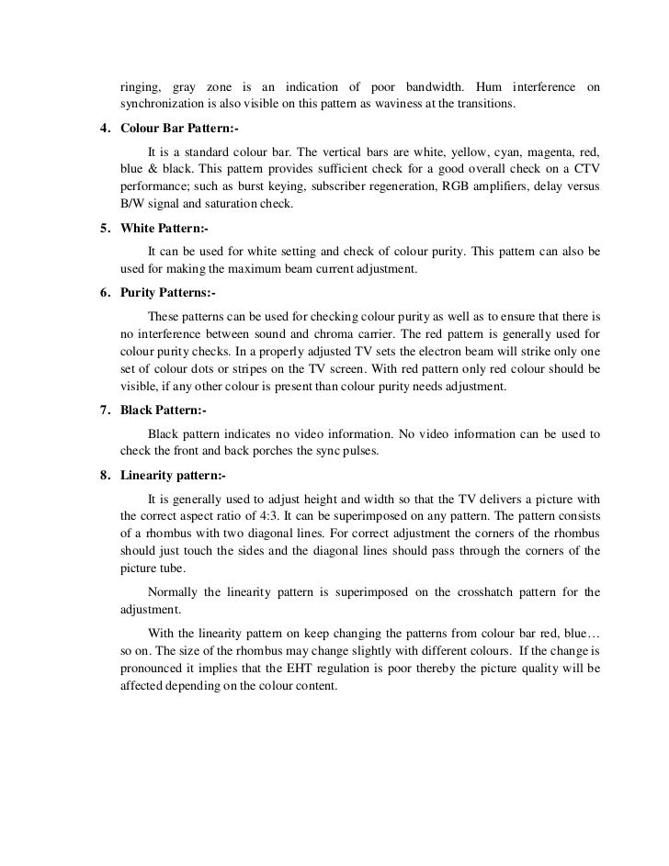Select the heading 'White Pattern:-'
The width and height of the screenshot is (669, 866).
point(164,229)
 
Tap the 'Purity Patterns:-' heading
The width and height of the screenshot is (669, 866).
point(167,293)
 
